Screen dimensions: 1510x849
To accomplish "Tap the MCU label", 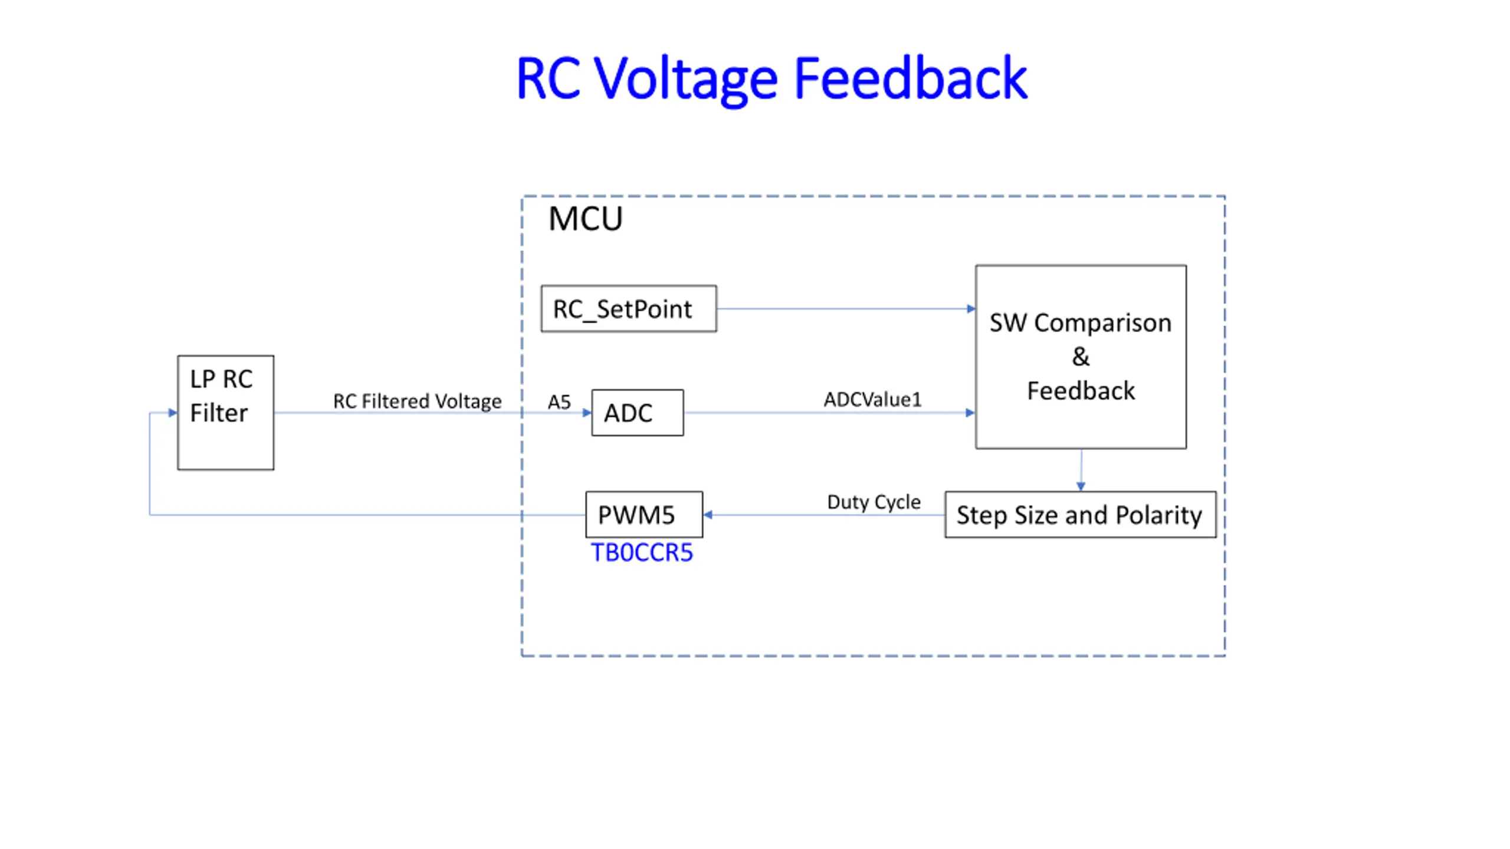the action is pyautogui.click(x=585, y=219).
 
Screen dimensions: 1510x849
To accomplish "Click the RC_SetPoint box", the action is pyautogui.click(x=629, y=309).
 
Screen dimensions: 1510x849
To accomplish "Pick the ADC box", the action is pyautogui.click(x=638, y=413).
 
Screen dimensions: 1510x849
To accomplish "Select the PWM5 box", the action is pyautogui.click(x=644, y=515).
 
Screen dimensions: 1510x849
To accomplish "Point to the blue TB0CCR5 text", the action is pyautogui.click(x=642, y=553).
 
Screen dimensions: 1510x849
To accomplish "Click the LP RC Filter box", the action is pyautogui.click(x=226, y=413).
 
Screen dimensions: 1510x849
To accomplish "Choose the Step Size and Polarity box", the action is pyautogui.click(x=1081, y=515).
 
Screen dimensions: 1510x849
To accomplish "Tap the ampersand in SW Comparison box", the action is pyautogui.click(x=1081, y=357).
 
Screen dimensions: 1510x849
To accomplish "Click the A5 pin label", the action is pyautogui.click(x=559, y=402).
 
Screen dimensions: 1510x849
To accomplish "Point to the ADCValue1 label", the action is pyautogui.click(x=872, y=400).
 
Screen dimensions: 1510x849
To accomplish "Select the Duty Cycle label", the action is pyautogui.click(x=874, y=502).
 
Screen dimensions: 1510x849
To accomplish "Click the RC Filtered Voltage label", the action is pyautogui.click(x=417, y=402).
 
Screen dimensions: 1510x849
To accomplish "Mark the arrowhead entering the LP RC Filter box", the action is pyautogui.click(x=173, y=413).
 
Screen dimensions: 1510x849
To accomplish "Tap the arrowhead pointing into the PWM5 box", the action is pyautogui.click(x=708, y=515).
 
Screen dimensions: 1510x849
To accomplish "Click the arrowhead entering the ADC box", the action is pyautogui.click(x=587, y=413).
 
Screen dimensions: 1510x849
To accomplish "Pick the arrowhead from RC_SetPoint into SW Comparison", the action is pyautogui.click(x=971, y=308).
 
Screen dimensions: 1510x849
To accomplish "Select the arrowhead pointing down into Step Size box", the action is pyautogui.click(x=1081, y=486).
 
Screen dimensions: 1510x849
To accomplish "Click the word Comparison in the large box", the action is pyautogui.click(x=1102, y=324).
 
